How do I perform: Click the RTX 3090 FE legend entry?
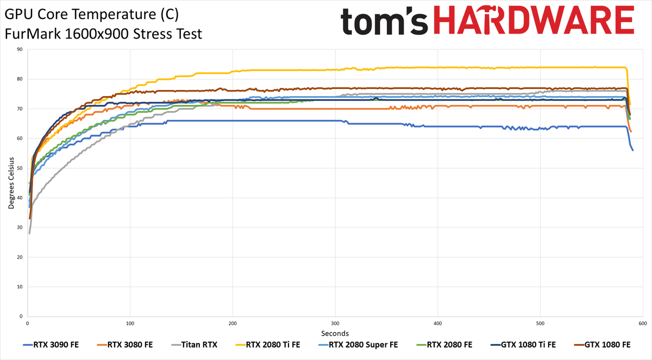coord(51,345)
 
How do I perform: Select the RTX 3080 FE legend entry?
coord(125,345)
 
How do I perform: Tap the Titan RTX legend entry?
coord(195,345)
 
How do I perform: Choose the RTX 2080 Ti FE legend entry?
coord(268,345)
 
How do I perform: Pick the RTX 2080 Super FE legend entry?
coord(358,345)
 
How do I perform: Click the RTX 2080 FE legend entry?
coord(444,345)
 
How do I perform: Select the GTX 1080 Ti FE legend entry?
coord(523,345)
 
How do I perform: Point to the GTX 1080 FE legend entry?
coord(602,345)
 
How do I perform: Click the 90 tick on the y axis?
coord(20,49)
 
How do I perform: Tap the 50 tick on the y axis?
coord(20,168)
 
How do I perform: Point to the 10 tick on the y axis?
coord(20,287)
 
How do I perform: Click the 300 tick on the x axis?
coord(335,324)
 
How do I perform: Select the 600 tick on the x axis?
coord(643,324)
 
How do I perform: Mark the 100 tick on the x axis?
coord(130,324)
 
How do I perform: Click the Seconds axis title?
coord(335,333)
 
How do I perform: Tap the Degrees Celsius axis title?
coord(11,183)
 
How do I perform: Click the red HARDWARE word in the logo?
coord(534,20)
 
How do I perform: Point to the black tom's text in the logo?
coord(384,22)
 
